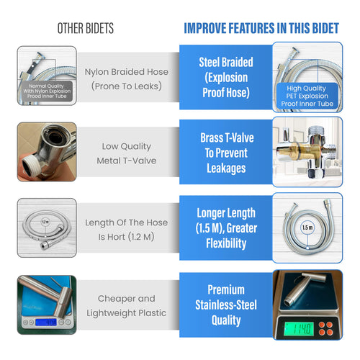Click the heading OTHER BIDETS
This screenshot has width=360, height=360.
85,29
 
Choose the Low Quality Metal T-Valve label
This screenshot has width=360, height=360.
126,153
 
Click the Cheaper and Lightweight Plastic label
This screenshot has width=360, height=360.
127,305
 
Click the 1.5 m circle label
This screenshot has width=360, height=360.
307,227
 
